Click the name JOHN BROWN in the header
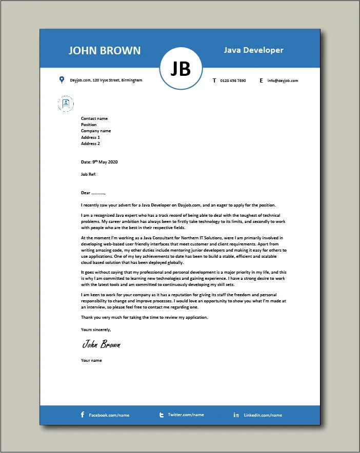(x=105, y=50)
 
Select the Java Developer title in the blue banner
(x=253, y=50)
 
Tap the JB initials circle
(x=181, y=69)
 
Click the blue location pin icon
(x=62, y=80)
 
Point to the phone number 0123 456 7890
(x=233, y=80)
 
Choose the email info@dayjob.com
(x=283, y=80)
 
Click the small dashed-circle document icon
(x=66, y=104)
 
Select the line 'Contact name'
(x=94, y=118)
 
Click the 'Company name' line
(x=96, y=131)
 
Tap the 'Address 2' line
(x=90, y=143)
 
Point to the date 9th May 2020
(x=99, y=162)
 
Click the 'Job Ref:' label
(x=89, y=174)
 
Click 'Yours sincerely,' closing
(x=96, y=329)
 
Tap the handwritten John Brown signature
(x=101, y=344)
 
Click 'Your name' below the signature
(x=91, y=360)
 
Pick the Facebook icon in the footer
(x=83, y=415)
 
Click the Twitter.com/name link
(x=186, y=415)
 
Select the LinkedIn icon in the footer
(x=236, y=415)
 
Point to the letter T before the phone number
(x=214, y=80)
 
